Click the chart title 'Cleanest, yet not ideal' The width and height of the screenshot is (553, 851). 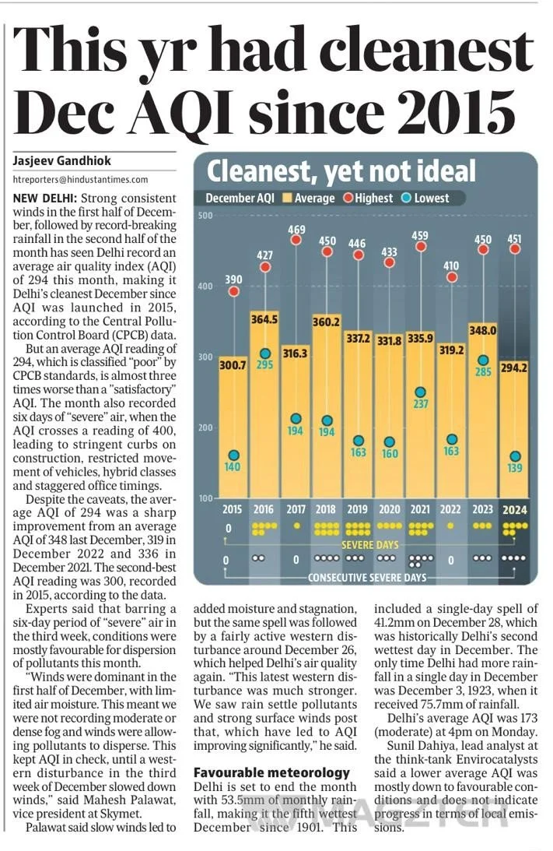(341, 171)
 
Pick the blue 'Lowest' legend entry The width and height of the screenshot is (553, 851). (425, 199)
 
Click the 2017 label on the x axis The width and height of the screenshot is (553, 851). (295, 509)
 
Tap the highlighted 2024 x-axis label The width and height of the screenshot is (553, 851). (515, 509)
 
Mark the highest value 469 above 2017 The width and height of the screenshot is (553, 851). (296, 229)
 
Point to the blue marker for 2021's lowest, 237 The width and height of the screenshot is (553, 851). (421, 392)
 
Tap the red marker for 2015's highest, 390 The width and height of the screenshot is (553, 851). (233, 292)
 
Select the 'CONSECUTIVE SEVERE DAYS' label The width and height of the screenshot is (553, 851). (368, 578)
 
